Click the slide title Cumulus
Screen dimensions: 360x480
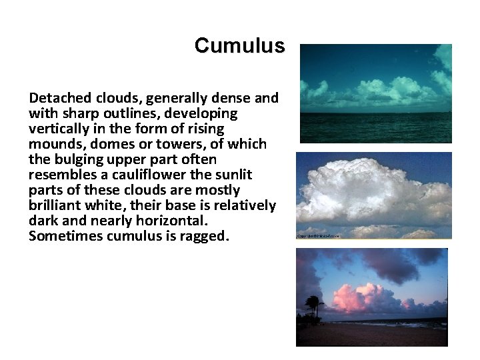(x=239, y=45)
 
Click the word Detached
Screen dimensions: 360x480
(x=57, y=99)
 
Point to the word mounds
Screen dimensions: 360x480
(x=57, y=144)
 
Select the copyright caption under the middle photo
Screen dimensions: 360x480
(x=318, y=236)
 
